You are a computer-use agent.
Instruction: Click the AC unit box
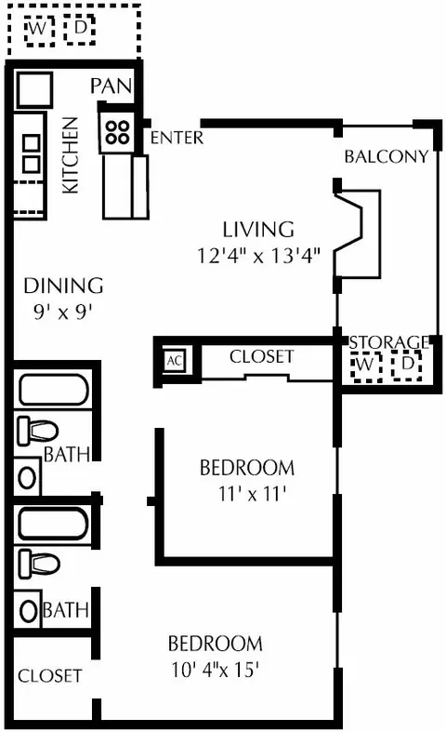tap(175, 360)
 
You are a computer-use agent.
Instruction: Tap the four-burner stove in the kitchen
tap(117, 132)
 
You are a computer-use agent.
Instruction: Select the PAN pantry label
tap(111, 86)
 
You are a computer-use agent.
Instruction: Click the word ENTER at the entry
tap(177, 138)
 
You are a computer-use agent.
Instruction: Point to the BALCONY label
tap(387, 156)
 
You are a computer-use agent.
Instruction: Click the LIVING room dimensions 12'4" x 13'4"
tap(258, 256)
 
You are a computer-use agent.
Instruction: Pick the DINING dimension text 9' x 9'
tap(62, 312)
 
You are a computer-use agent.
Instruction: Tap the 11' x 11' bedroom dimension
tap(252, 494)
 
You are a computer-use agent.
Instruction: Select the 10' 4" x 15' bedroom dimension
tap(215, 670)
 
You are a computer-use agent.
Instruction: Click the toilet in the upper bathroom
tap(37, 431)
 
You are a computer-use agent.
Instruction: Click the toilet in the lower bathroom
tap(38, 564)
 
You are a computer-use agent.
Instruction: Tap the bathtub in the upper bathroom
tap(53, 390)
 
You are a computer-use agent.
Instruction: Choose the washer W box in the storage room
tap(366, 367)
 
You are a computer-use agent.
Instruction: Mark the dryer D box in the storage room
tap(407, 366)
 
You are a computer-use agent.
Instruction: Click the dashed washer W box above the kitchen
tap(39, 31)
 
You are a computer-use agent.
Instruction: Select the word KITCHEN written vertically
tap(71, 155)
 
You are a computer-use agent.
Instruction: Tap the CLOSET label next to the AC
tap(262, 356)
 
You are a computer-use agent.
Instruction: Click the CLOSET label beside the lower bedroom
tap(50, 676)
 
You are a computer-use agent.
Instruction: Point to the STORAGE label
tap(388, 342)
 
